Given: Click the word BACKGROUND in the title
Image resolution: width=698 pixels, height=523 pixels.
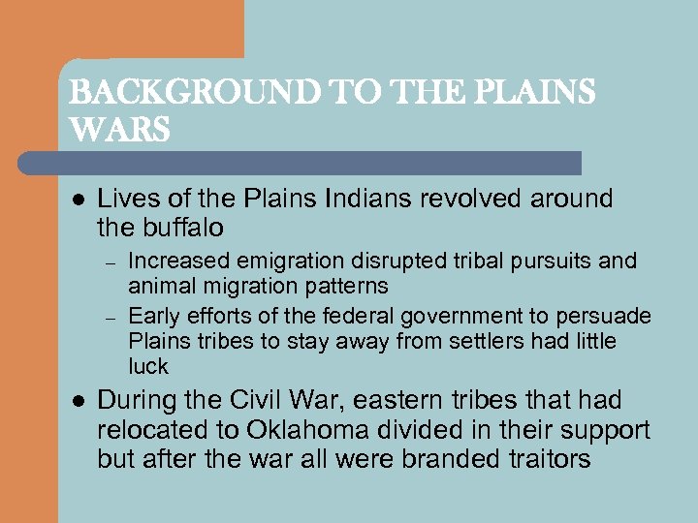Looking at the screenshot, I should (160, 93).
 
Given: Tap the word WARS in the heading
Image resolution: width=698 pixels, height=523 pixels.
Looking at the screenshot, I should (119, 129).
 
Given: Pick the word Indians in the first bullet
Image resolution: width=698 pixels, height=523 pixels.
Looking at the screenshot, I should (380, 199).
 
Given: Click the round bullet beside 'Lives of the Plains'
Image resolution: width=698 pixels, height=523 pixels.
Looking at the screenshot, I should (77, 200).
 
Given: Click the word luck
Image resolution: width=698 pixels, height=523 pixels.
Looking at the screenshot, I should (148, 367).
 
